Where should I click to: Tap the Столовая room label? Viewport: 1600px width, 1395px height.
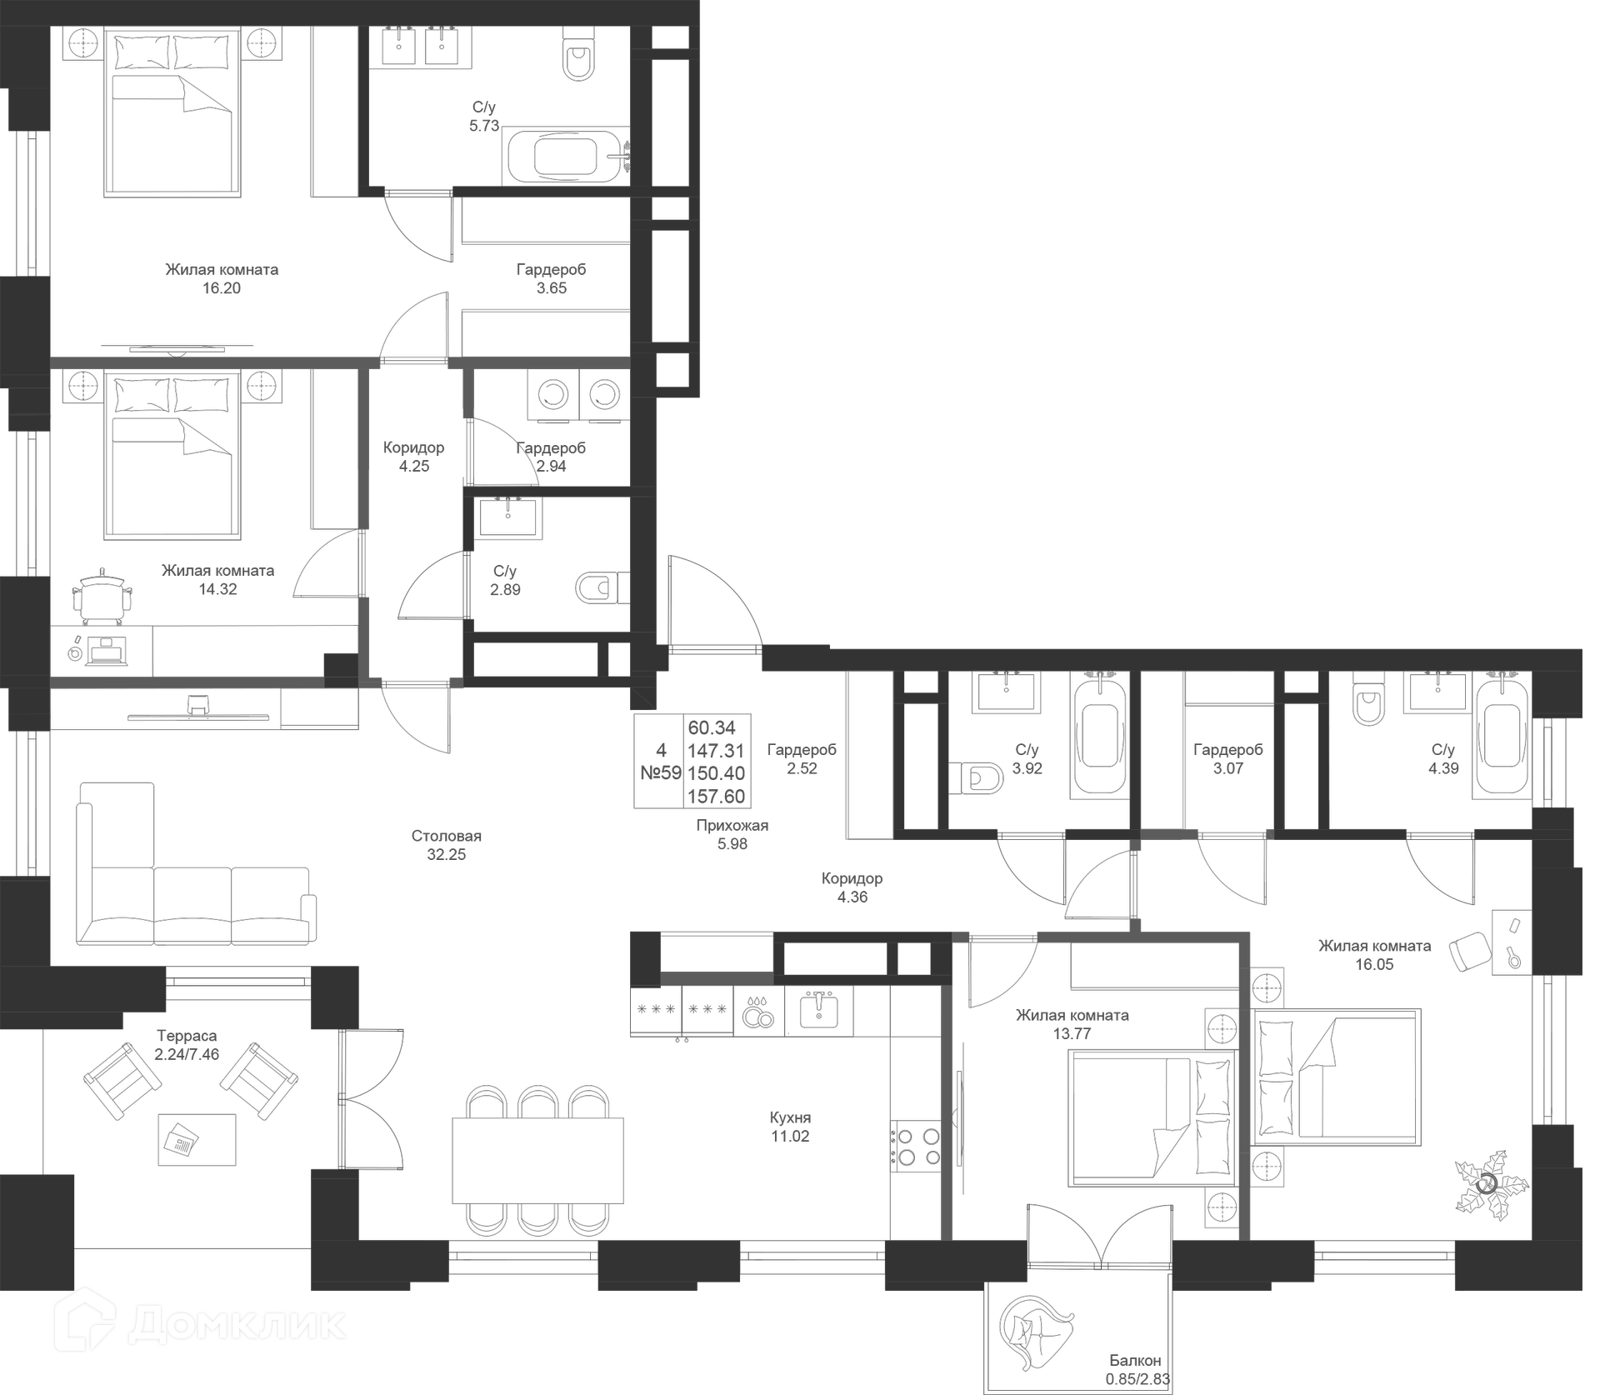point(446,836)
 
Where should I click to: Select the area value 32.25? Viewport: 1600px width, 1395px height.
point(446,855)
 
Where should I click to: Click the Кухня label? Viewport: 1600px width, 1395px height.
point(790,1117)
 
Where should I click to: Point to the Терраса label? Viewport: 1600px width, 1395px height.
point(187,1036)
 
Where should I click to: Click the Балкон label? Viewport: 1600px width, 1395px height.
point(1135,1361)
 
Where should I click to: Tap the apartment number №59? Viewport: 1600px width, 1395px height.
point(660,772)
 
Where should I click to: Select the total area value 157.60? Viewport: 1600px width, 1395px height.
point(716,796)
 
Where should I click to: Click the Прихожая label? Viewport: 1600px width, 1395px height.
point(732,826)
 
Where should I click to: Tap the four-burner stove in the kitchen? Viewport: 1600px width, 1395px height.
point(918,1147)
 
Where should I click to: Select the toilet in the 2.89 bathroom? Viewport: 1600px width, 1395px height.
point(597,587)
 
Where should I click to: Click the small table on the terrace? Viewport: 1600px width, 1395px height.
point(197,1139)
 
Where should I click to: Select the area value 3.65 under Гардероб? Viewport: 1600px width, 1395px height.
point(551,288)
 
